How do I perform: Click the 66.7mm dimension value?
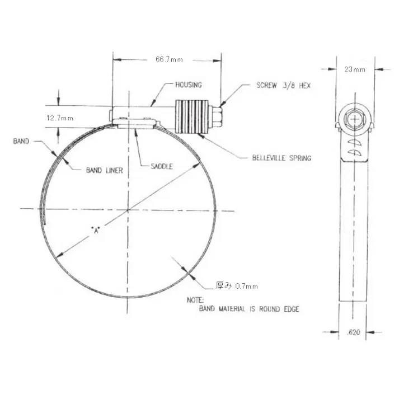167,59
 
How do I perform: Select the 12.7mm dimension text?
59,118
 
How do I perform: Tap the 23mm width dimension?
355,70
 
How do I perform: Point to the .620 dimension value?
354,332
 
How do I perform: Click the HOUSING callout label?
189,85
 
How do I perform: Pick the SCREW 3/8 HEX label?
283,86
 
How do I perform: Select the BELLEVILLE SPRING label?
281,158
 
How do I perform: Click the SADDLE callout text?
162,166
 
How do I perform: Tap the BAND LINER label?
104,170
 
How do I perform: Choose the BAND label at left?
21,142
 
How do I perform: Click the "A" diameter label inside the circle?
97,230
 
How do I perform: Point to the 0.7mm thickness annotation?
237,286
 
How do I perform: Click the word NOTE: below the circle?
195,301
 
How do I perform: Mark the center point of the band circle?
128,210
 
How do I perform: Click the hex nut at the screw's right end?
217,116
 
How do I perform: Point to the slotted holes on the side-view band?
353,148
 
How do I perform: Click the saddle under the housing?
135,125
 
